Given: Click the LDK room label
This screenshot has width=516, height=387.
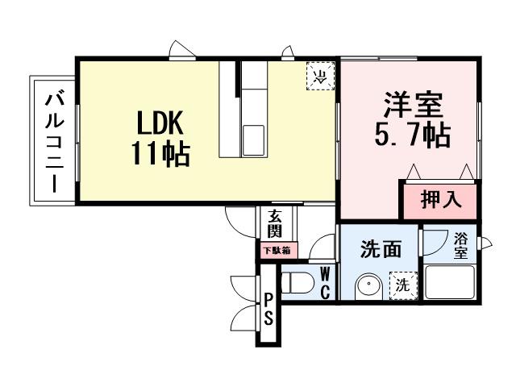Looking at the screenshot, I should (x=161, y=123).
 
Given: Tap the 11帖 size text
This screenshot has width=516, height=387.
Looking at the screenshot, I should (x=161, y=153).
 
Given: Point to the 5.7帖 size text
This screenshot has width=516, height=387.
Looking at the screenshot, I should (x=412, y=135).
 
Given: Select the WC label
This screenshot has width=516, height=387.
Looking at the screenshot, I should (x=325, y=282).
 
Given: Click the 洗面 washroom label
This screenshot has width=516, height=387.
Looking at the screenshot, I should (x=380, y=250).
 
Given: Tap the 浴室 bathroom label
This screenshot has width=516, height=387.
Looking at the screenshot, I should (x=460, y=246).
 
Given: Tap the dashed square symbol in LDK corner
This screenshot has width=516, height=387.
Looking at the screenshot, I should (x=320, y=77).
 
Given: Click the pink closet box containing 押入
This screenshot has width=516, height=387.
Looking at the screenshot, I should (x=440, y=200).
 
